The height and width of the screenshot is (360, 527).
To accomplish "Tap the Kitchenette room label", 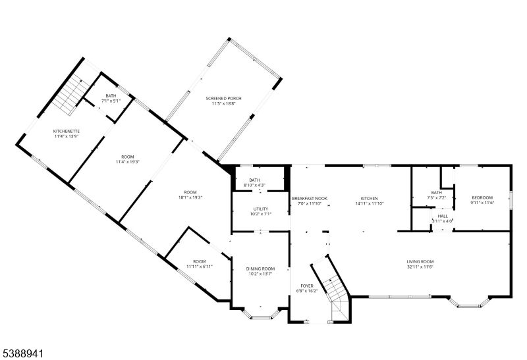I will coord(67,132).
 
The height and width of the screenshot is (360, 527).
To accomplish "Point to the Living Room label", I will coord(420,261).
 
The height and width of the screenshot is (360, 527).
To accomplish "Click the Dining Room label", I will coord(260,269).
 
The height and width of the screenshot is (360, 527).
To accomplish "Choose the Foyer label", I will coord(307,286).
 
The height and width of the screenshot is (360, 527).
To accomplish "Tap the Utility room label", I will coord(260,209).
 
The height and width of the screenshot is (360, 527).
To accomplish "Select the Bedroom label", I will coord(482,197).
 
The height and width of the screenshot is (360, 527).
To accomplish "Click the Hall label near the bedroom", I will coord(443,215).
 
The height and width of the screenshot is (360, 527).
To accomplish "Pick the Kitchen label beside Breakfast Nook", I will coord(369,198).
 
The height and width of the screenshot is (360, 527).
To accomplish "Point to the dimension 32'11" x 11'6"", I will coord(420,267).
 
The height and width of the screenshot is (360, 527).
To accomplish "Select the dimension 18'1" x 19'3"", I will coord(190,197).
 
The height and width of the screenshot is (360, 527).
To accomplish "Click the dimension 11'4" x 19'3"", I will coord(128,162).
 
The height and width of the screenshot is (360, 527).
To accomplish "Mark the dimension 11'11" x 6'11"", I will coord(199,267).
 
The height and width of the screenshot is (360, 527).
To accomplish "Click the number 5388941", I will coord(22,353).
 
